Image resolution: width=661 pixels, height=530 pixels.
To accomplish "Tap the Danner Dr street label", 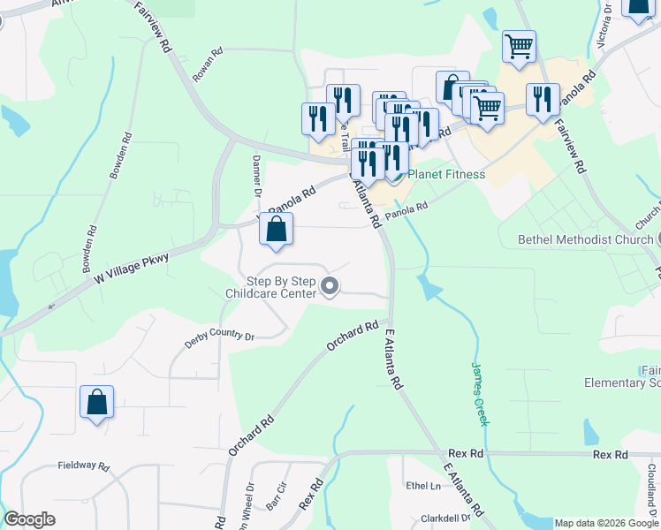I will click(x=258, y=177).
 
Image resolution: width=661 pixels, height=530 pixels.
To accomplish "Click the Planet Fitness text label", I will click(x=446, y=174).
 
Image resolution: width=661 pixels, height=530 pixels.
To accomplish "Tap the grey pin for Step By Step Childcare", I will click(x=330, y=285).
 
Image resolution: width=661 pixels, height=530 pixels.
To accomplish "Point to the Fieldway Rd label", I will click(x=83, y=466).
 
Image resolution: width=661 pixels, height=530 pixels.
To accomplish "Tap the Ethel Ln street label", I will click(x=423, y=486).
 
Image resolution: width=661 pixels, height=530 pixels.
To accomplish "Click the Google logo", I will click(x=29, y=519).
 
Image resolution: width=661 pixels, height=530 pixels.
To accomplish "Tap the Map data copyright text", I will click(x=606, y=523).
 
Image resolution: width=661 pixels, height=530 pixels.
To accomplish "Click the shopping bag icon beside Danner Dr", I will click(x=277, y=229).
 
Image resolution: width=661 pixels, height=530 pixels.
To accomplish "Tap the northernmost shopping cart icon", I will click(x=520, y=45).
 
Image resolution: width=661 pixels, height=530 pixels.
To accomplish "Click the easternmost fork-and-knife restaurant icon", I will click(x=543, y=98).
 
